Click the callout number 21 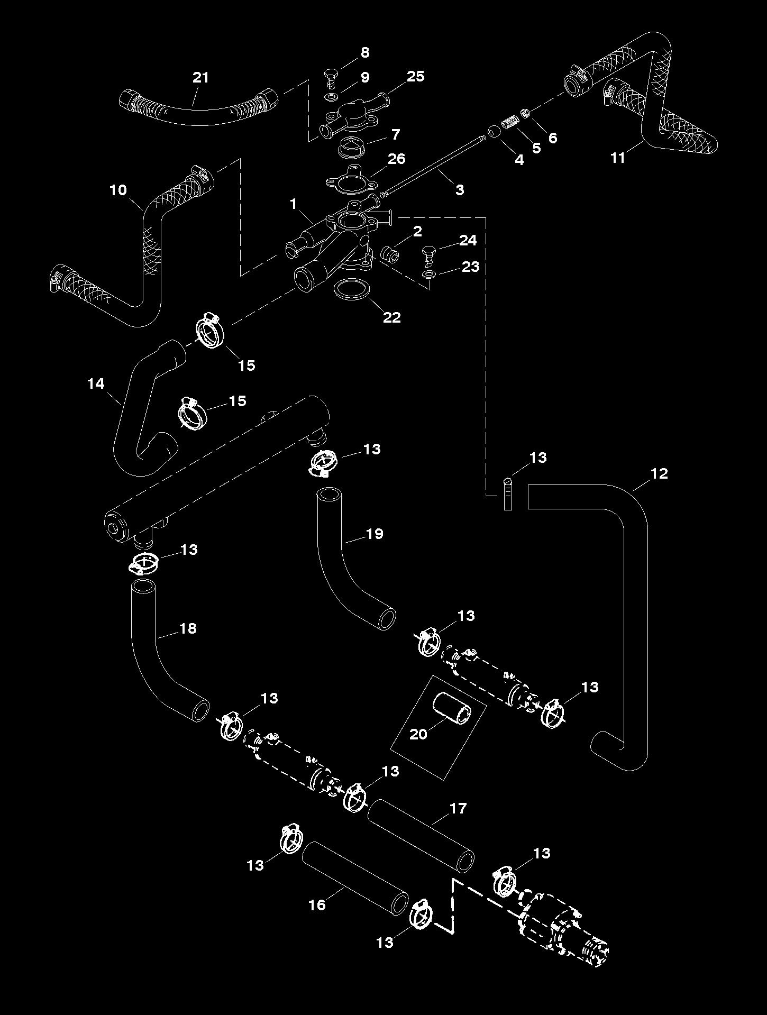[x=200, y=78]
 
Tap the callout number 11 [x=618, y=157]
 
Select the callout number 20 [x=418, y=734]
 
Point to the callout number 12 [x=659, y=473]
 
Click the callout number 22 [x=391, y=317]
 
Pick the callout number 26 [x=397, y=158]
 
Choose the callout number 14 [x=96, y=383]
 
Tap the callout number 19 [x=374, y=534]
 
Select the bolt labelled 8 [x=330, y=77]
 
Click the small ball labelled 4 [x=494, y=131]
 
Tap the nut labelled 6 [x=525, y=113]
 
